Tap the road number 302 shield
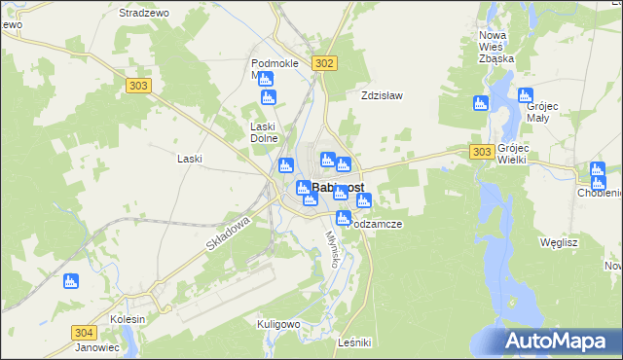click(325, 63)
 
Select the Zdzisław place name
click(382, 96)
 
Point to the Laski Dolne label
click(266, 132)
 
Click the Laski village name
click(190, 158)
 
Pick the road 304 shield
click(84, 333)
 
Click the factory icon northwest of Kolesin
click(69, 281)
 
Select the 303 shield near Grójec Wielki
click(481, 152)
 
